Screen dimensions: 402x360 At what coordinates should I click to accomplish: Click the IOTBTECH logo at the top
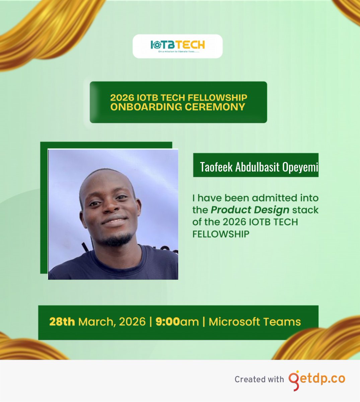[177, 45]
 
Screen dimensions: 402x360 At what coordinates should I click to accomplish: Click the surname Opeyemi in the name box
[300, 167]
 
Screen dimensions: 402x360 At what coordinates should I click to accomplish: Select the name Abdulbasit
[257, 167]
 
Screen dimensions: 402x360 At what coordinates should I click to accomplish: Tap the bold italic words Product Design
[250, 210]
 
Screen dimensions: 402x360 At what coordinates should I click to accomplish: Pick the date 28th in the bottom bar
[62, 322]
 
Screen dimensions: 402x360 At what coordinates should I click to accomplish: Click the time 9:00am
[177, 322]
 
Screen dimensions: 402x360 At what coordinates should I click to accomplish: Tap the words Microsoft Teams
[255, 322]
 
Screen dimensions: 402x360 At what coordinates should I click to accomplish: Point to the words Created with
[259, 380]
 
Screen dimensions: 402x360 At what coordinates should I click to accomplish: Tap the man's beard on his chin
[116, 240]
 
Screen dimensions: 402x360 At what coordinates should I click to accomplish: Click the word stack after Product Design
[305, 210]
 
